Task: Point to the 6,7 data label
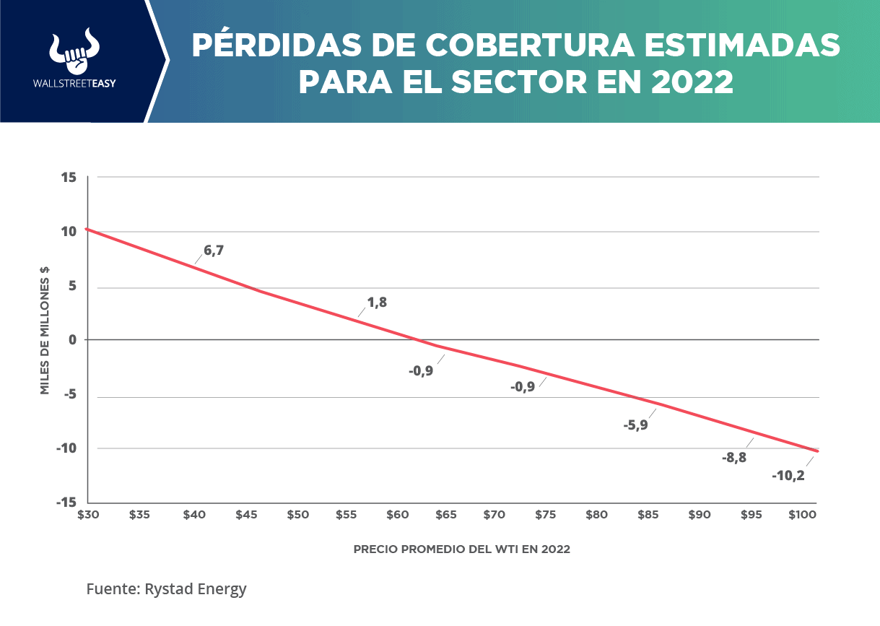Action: [214, 251]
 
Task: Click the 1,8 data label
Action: [377, 303]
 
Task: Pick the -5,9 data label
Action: [635, 425]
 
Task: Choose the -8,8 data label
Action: [734, 457]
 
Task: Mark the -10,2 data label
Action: [788, 476]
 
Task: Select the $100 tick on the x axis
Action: [801, 515]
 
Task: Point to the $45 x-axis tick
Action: [246, 515]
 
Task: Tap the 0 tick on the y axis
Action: [73, 339]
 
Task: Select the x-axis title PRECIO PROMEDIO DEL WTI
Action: [461, 549]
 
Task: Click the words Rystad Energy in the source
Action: [195, 589]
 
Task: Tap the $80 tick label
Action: [596, 515]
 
